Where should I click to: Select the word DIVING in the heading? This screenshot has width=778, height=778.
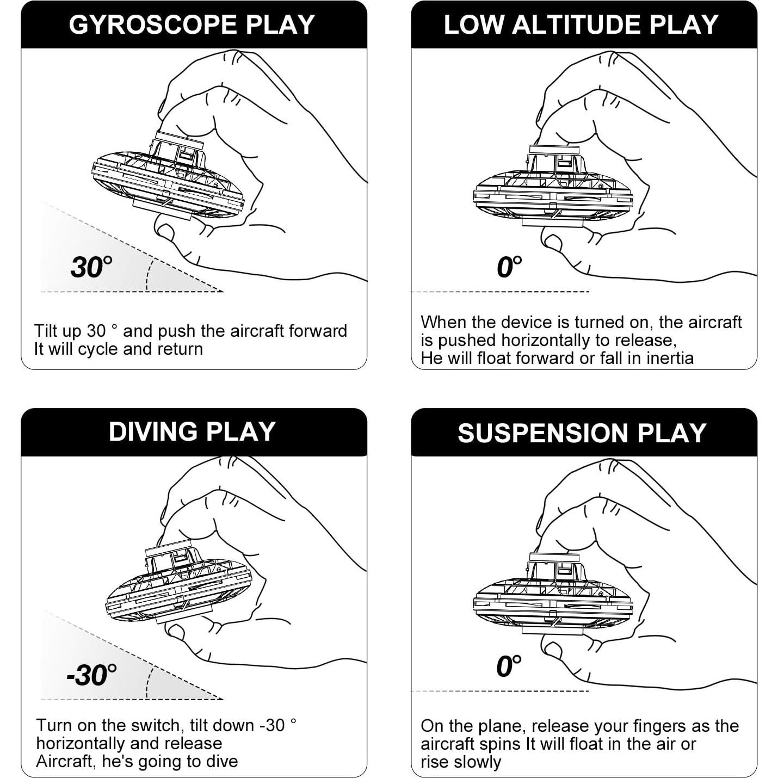(x=153, y=431)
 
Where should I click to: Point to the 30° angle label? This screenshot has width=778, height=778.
(x=91, y=267)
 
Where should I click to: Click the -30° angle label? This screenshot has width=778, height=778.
(x=91, y=675)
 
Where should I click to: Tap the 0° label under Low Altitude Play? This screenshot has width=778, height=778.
(x=509, y=267)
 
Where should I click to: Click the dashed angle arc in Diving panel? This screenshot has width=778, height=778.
(x=149, y=682)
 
